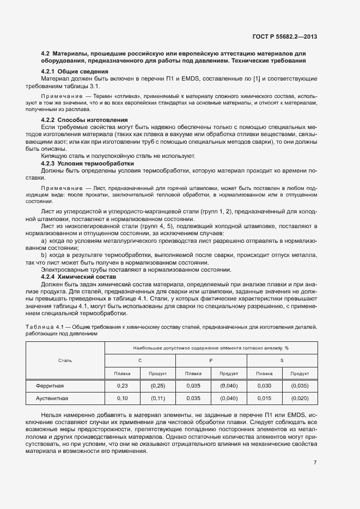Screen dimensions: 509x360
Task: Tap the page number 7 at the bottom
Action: click(x=315, y=463)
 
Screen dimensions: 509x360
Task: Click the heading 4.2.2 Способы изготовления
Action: click(x=84, y=120)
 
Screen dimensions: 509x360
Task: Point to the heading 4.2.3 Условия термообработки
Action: click(x=87, y=163)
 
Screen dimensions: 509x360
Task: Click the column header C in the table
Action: click(x=140, y=360)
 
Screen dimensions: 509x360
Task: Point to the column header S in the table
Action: click(x=282, y=360)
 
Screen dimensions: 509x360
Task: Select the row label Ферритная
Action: click(x=50, y=386)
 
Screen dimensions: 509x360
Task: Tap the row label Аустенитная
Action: click(x=52, y=398)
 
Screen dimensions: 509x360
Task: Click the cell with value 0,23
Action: click(x=122, y=386)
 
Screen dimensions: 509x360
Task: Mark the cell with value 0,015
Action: click(x=264, y=398)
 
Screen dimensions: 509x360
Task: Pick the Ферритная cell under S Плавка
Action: click(x=264, y=386)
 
